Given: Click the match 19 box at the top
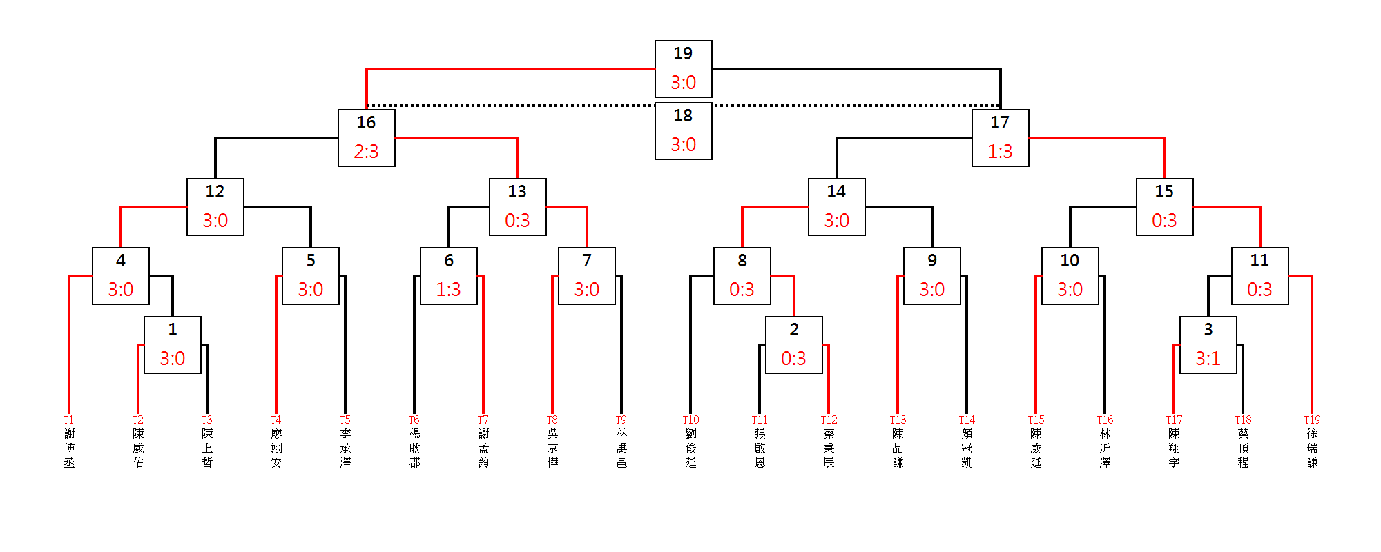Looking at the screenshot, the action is coord(684,69).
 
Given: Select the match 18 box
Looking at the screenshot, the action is coord(684,131).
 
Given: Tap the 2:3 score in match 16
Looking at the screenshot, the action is coord(366,152).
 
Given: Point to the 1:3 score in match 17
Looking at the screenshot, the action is coord(1000,152).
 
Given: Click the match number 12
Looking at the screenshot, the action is coord(215,191).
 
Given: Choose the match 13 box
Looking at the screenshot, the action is coord(518,207).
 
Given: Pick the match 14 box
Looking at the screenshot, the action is coord(837,207).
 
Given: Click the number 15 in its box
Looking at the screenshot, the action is coord(1164,191).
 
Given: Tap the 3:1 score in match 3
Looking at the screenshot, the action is coord(1208,359).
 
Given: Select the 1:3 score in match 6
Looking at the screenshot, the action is coord(449,290).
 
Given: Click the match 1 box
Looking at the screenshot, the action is coord(173,345).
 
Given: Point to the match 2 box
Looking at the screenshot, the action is coord(794,345).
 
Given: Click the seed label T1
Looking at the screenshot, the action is coord(68,420).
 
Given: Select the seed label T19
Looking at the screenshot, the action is coord(1312,420).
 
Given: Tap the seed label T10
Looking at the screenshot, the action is coord(690,420).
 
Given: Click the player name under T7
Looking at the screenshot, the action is coord(483,448).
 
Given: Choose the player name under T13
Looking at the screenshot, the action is coord(898,448).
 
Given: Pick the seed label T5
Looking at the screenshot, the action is coord(345,420).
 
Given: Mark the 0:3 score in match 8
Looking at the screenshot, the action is coord(742,290).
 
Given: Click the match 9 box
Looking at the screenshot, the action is coord(932,276).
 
